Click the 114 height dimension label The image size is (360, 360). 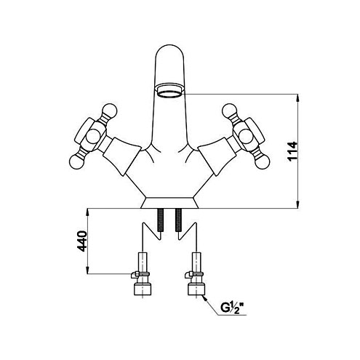click(x=292, y=151)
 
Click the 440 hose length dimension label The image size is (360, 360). click(x=82, y=241)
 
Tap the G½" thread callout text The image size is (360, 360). click(x=232, y=308)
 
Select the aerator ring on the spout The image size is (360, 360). click(x=169, y=90)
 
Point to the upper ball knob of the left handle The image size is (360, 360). click(x=110, y=111)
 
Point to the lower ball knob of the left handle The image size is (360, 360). click(x=76, y=161)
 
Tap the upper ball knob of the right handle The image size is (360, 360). click(x=229, y=111)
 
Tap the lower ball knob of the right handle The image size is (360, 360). click(x=263, y=161)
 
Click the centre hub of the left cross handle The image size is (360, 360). click(x=93, y=136)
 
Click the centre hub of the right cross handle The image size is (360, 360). click(x=246, y=136)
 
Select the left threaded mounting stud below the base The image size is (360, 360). click(x=160, y=220)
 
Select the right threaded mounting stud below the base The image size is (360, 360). click(x=179, y=220)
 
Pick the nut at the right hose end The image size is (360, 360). click(x=196, y=288)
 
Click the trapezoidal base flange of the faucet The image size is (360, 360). click(x=169, y=203)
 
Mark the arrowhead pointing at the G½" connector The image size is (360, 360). click(x=205, y=298)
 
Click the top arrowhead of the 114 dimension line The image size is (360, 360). click(x=298, y=97)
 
